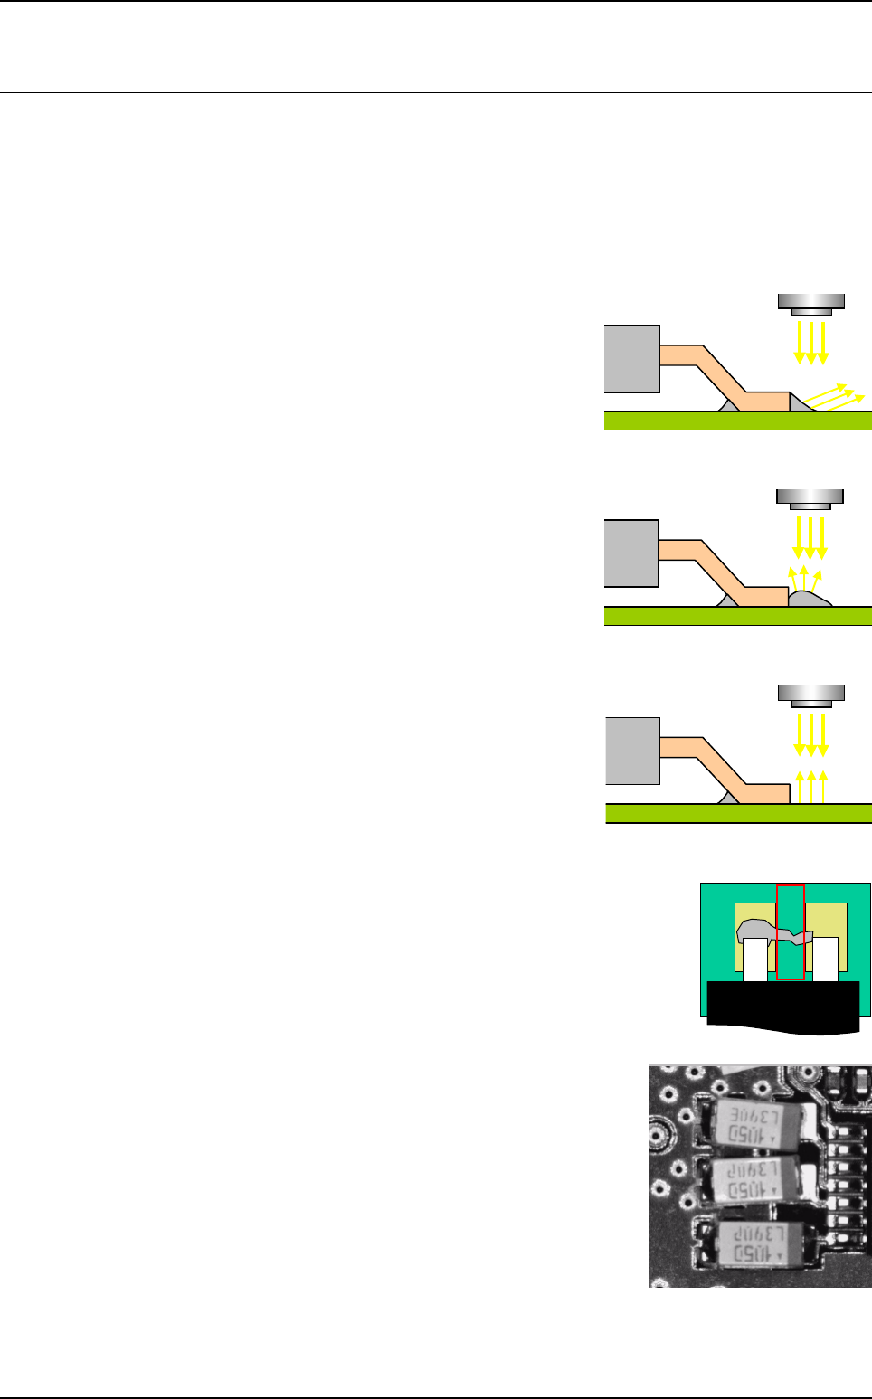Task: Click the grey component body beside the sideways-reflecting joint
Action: [x=631, y=358]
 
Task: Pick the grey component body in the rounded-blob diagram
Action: [x=630, y=553]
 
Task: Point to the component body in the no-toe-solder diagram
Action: [x=631, y=751]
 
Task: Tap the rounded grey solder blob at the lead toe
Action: [x=810, y=599]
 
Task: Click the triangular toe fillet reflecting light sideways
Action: [x=800, y=402]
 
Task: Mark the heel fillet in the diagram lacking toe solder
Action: [x=728, y=799]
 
